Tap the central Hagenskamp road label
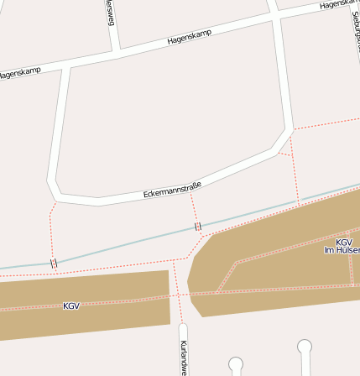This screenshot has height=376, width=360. click(190, 37)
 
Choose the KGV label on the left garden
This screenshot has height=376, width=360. click(71, 305)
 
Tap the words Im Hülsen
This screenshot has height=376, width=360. click(342, 250)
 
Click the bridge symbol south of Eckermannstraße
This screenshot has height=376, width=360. click(198, 227)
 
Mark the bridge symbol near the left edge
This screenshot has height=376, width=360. click(54, 264)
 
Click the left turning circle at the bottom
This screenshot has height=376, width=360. click(236, 363)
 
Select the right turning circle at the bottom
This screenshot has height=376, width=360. click(305, 346)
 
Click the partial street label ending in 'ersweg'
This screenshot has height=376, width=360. click(109, 12)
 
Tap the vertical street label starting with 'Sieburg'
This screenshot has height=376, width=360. click(355, 25)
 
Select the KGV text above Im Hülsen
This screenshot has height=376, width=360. click(344, 242)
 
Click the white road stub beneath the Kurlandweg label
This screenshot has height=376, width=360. click(183, 332)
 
